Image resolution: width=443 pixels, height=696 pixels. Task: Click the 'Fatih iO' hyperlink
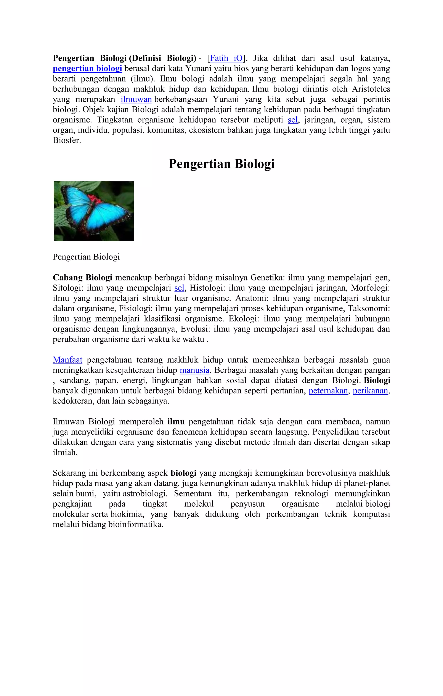[226, 58]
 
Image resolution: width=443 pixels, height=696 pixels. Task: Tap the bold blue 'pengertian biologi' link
[87, 69]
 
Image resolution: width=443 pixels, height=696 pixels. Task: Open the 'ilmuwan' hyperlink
[136, 99]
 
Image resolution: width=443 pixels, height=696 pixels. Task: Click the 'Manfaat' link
[67, 360]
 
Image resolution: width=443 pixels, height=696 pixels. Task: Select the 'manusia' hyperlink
[194, 370]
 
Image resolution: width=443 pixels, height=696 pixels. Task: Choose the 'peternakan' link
[328, 391]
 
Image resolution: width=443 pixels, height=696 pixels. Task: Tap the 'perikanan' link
[370, 391]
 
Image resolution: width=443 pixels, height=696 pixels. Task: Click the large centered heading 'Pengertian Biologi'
[221, 164]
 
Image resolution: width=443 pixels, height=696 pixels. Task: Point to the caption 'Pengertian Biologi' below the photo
[86, 257]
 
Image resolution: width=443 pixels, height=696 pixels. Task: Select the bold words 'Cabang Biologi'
[82, 278]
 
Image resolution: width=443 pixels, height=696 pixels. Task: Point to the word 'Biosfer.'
[67, 141]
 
